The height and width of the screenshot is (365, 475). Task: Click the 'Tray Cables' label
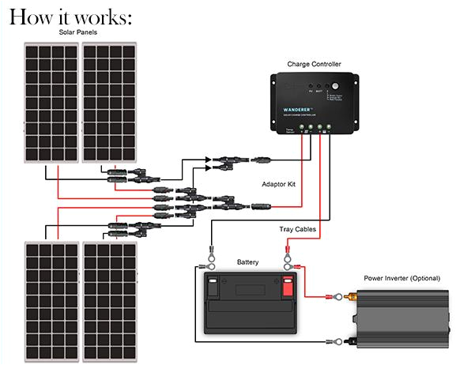[x=299, y=229]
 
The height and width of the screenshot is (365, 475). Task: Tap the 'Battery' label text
[x=247, y=262]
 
